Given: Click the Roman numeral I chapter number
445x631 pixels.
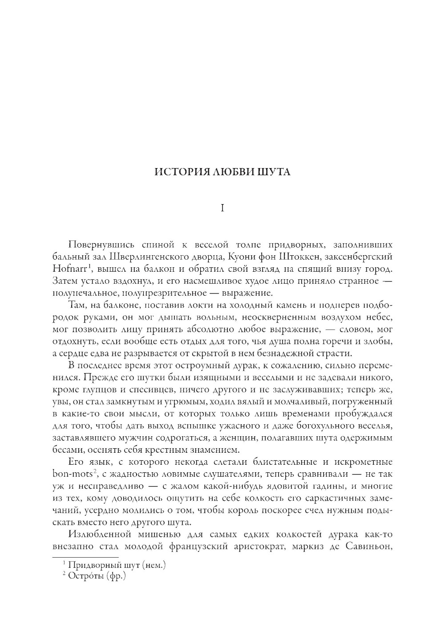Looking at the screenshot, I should [x=222, y=208].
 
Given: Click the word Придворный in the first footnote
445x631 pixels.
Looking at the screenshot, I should [x=92, y=566].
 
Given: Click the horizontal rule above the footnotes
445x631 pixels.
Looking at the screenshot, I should [x=85, y=557].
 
